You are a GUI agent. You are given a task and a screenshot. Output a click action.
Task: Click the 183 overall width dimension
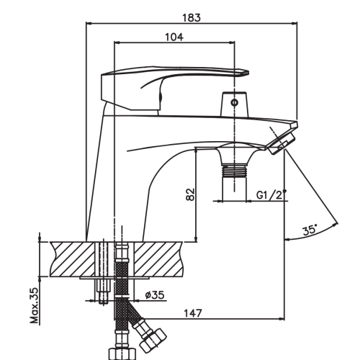pyautogui.click(x=192, y=18)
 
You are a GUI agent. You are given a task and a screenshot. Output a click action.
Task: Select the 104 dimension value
pyautogui.click(x=174, y=37)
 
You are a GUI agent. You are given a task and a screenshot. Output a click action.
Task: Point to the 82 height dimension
pyautogui.click(x=190, y=194)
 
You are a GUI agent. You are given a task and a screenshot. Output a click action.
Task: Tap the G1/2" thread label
pyautogui.click(x=271, y=194)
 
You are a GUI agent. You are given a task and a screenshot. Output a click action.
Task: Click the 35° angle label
pyautogui.click(x=310, y=230)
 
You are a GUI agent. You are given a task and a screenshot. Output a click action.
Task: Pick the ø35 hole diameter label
pyautogui.click(x=155, y=294)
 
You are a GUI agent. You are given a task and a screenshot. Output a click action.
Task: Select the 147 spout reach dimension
pyautogui.click(x=193, y=313)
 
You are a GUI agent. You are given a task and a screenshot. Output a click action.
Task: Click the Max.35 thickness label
pyautogui.click(x=34, y=305)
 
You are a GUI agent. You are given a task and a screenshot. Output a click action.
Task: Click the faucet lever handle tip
pyautogui.click(x=247, y=73)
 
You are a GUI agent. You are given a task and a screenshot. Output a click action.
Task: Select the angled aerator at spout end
pyautogui.click(x=282, y=143)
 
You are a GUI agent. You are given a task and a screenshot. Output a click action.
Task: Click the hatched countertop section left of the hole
pyautogui.click(x=72, y=259)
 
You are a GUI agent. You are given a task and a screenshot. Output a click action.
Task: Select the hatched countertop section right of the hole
pyautogui.click(x=159, y=259)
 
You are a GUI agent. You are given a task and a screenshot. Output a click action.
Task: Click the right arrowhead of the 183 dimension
pyautogui.click(x=294, y=24)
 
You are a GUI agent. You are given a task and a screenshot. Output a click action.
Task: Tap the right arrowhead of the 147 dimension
pyautogui.click(x=282, y=319)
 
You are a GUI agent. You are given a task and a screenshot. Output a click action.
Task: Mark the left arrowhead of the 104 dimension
pyautogui.click(x=117, y=42)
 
